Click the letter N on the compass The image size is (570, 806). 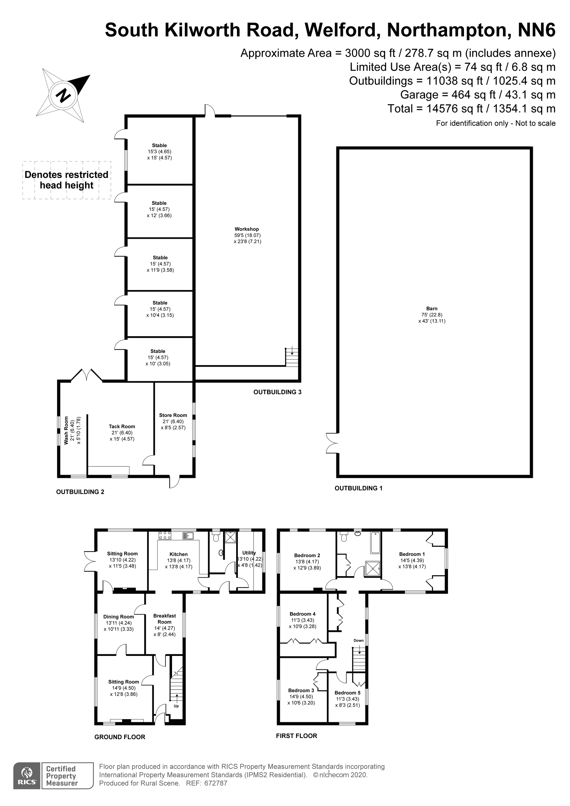[x=63, y=95]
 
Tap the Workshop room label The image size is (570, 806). [x=247, y=229]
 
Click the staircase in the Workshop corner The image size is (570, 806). [x=292, y=357]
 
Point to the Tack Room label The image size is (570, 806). [x=122, y=426]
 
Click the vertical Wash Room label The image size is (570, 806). [x=66, y=430]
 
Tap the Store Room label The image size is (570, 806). [x=173, y=415]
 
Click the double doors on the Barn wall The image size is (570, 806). [x=332, y=443]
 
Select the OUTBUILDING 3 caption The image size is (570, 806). [x=278, y=392]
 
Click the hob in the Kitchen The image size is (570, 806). [x=165, y=535]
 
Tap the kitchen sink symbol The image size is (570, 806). [x=188, y=536]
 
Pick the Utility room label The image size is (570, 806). [x=249, y=552]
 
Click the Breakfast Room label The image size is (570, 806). [x=165, y=619]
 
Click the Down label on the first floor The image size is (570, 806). [x=358, y=640]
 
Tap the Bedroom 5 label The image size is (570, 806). [x=347, y=693]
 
